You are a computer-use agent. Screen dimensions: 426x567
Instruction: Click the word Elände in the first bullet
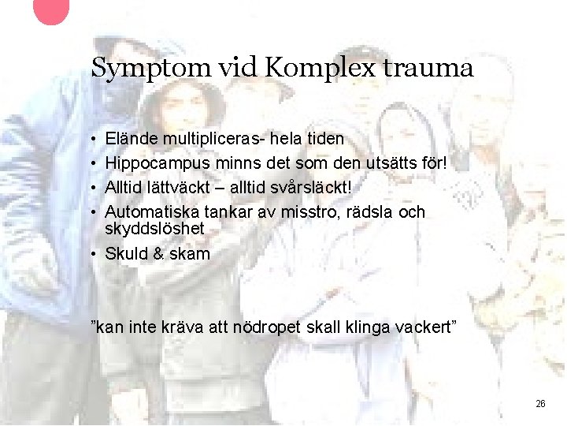[x=131, y=139]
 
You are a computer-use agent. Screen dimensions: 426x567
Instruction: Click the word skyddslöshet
[x=154, y=228]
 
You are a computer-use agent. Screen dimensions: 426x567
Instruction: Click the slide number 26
[x=540, y=403]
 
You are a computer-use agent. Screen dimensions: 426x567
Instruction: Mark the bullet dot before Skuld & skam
[x=94, y=254]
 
